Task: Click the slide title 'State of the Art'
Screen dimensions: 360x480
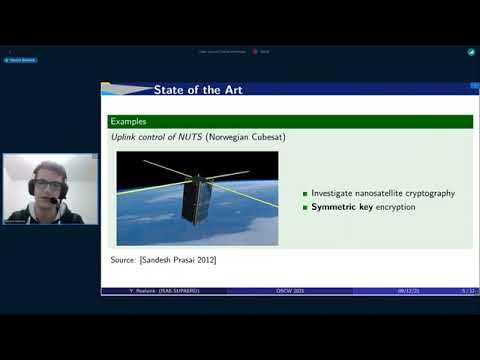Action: (x=198, y=90)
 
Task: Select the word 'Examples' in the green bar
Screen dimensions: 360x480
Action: (x=129, y=121)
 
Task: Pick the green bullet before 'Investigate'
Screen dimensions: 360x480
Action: (x=305, y=193)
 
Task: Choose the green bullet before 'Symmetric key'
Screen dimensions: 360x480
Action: (x=305, y=207)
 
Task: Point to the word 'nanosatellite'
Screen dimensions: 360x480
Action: (x=372, y=193)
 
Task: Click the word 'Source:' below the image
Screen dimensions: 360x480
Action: (x=124, y=260)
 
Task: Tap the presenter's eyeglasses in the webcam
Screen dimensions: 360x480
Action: (x=47, y=185)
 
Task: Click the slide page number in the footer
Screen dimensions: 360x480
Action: (x=466, y=291)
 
